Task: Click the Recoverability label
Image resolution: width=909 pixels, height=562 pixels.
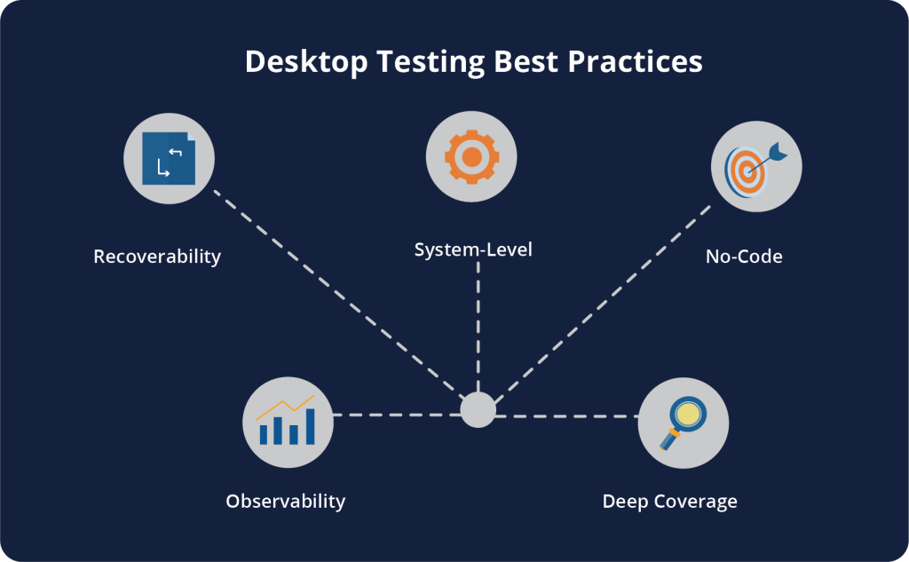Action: click(x=157, y=257)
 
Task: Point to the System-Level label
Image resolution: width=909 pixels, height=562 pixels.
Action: click(x=473, y=249)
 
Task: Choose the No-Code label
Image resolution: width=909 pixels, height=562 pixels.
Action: click(x=744, y=257)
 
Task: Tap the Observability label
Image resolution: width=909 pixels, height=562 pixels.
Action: click(x=285, y=501)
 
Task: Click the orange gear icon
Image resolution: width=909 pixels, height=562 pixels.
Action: click(x=471, y=157)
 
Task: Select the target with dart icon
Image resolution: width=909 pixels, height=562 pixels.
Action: click(x=753, y=166)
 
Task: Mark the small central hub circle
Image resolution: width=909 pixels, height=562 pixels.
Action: click(x=478, y=409)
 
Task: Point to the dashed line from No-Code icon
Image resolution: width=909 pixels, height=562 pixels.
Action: click(x=604, y=302)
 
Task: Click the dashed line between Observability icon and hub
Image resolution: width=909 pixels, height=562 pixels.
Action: click(x=395, y=415)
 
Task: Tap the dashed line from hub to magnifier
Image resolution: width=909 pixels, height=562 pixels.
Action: click(x=568, y=416)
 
